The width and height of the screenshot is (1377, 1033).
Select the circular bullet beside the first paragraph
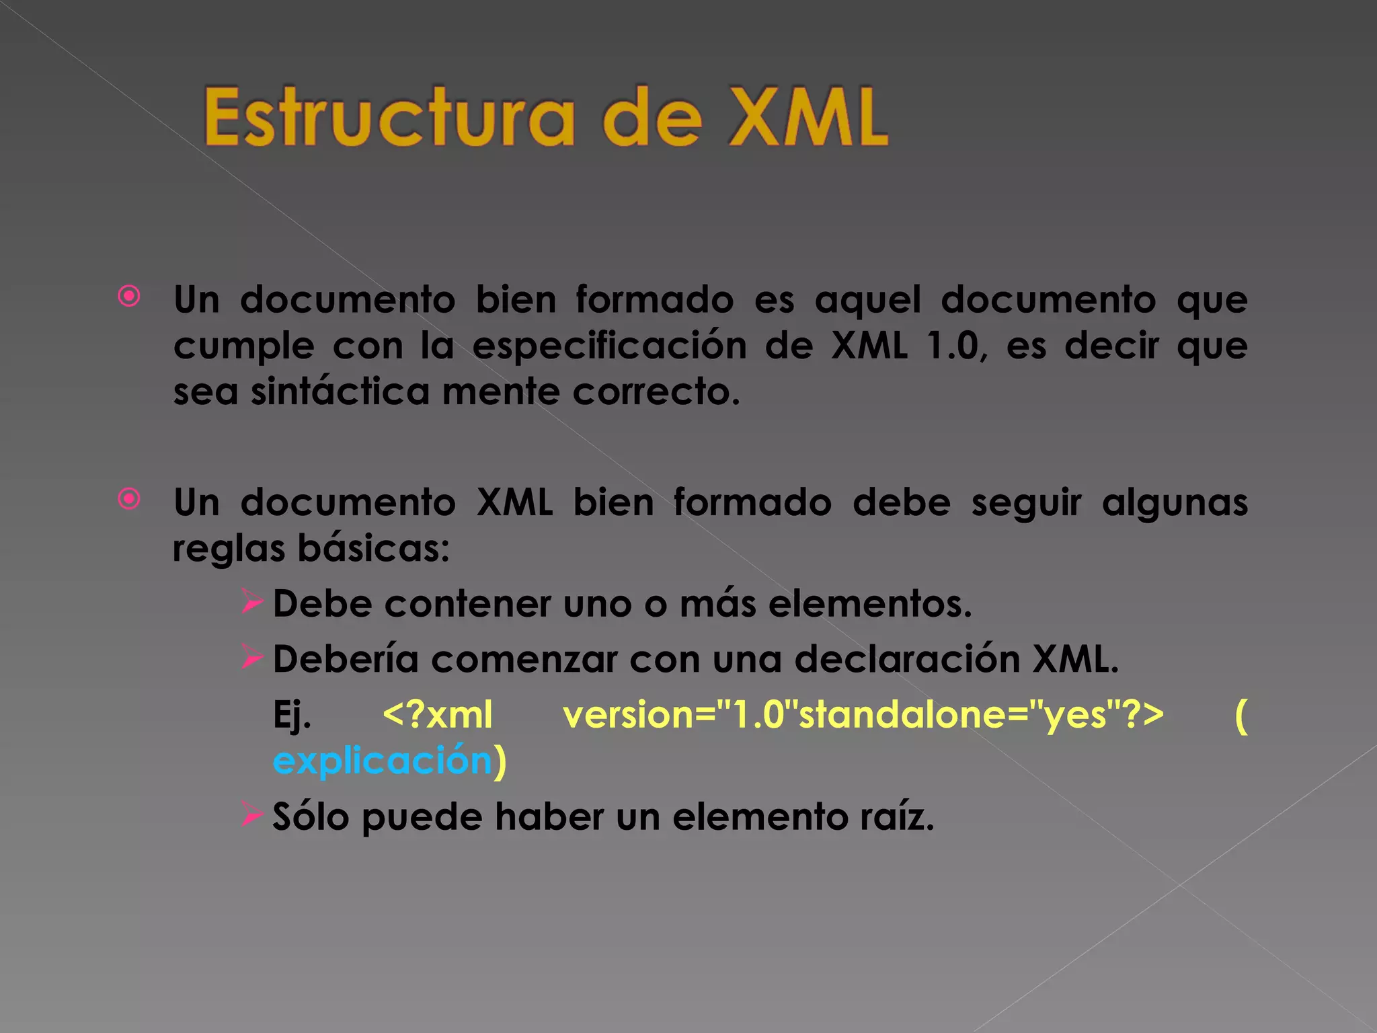click(129, 296)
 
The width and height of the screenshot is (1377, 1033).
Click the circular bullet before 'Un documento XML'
click(129, 499)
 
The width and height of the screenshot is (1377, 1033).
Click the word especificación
click(609, 346)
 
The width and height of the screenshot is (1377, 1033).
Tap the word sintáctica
click(340, 392)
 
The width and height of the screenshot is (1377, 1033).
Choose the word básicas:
click(373, 549)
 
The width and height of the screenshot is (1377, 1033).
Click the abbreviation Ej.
click(292, 715)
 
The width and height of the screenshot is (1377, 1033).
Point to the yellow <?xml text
click(438, 715)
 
